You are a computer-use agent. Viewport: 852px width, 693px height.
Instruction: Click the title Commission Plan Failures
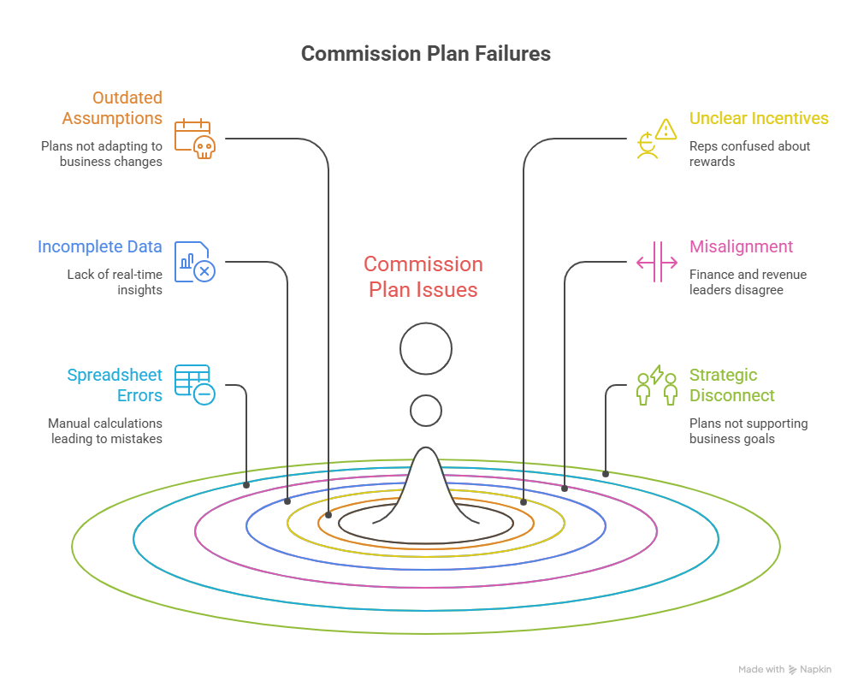click(x=425, y=54)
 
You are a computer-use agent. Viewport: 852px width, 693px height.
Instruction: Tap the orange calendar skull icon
click(x=194, y=139)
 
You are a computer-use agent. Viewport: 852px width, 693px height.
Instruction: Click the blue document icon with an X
click(x=194, y=261)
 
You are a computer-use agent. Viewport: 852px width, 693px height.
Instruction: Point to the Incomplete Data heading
click(x=100, y=247)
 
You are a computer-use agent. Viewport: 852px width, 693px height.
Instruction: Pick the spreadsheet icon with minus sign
click(x=194, y=384)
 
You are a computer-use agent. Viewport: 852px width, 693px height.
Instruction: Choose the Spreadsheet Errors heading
click(x=115, y=385)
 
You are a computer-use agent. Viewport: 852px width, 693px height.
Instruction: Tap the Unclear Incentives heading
click(x=759, y=119)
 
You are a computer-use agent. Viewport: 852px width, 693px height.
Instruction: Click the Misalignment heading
click(x=741, y=247)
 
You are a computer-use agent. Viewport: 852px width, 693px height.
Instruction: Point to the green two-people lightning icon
click(x=656, y=385)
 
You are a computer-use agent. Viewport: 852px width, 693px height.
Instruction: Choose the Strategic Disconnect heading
click(x=732, y=385)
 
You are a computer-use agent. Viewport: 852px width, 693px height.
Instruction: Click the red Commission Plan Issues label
click(x=423, y=276)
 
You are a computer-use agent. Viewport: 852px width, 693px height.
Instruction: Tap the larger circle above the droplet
click(x=426, y=348)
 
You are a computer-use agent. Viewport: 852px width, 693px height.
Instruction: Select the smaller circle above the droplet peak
click(x=426, y=411)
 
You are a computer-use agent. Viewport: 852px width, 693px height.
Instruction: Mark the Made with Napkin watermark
click(x=784, y=670)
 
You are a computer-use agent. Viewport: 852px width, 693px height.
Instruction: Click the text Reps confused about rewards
click(x=749, y=153)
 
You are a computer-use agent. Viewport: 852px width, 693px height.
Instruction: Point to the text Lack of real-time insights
click(x=115, y=282)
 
